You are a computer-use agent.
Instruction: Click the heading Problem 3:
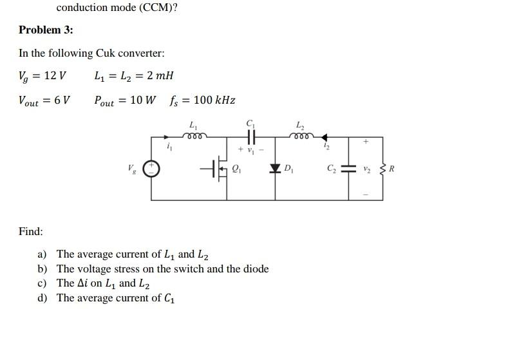coord(46,30)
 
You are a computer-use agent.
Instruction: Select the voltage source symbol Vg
coord(151,169)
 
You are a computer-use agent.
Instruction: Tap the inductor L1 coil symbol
coord(194,136)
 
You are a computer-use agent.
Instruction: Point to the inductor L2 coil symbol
coord(301,136)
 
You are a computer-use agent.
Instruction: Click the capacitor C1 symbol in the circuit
coord(250,137)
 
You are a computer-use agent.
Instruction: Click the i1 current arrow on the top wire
coord(167,137)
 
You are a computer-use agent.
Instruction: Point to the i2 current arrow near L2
coord(325,137)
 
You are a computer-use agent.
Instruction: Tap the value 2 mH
coord(160,76)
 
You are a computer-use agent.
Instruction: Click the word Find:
coord(31,231)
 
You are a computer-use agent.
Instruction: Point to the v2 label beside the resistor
coord(368,169)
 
